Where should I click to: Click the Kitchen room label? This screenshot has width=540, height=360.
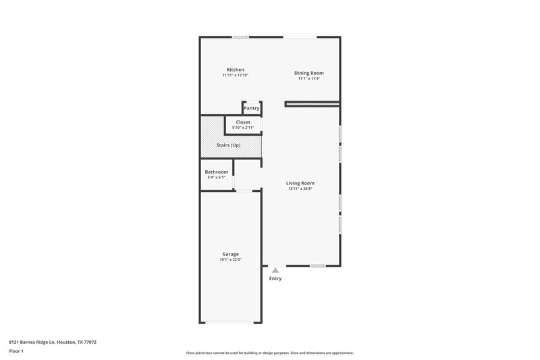tap(235, 70)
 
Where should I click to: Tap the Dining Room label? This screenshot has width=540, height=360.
tap(308, 73)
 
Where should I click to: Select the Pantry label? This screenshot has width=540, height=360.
tap(251, 108)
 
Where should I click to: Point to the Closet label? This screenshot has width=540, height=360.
tap(242, 122)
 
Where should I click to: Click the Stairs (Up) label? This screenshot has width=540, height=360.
tap(228, 145)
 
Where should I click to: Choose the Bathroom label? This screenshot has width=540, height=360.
tap(216, 172)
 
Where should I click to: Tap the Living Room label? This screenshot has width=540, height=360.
tap(300, 183)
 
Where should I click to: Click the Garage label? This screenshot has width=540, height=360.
tap(230, 254)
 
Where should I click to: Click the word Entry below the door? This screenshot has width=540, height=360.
tap(275, 278)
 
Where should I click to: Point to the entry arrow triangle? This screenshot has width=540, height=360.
tap(275, 270)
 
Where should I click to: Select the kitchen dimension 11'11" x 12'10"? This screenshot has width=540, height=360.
tap(235, 75)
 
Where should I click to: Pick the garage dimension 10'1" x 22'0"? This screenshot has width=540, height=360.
tap(230, 259)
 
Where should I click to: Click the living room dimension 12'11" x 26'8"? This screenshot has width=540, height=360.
tap(300, 188)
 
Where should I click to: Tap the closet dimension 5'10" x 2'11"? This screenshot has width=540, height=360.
tap(242, 128)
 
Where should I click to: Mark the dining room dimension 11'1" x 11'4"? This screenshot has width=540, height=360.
tap(308, 78)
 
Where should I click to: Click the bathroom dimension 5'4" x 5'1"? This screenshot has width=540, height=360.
tap(216, 177)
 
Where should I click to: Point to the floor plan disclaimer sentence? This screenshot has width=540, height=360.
tap(269, 353)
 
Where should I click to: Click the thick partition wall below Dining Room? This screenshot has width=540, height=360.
tap(311, 104)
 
